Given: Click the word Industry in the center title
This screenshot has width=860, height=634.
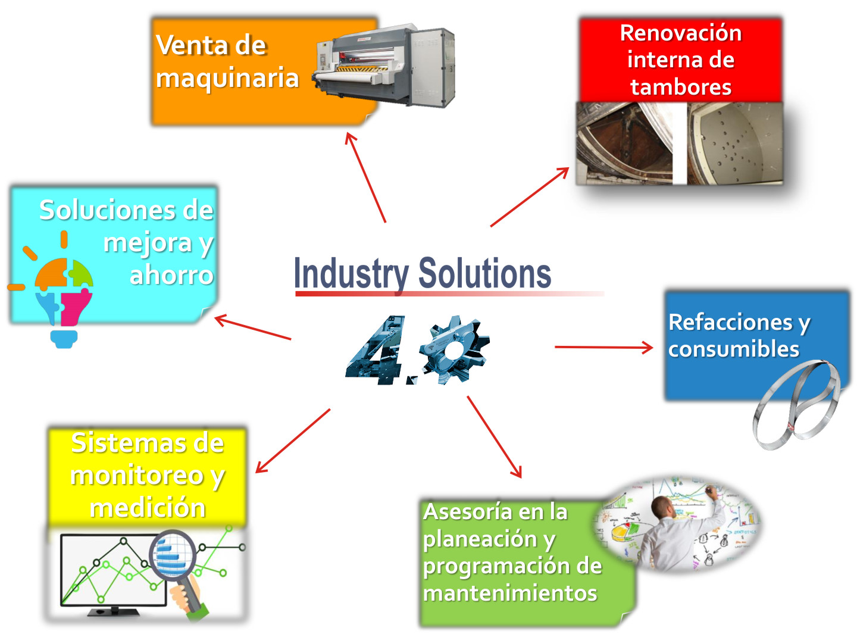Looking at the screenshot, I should tap(351, 274).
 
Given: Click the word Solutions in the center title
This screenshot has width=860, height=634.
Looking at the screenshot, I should tap(484, 274).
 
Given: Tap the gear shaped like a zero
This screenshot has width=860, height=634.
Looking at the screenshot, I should tap(454, 351).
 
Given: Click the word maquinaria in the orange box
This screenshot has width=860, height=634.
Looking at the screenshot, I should tap(227, 78).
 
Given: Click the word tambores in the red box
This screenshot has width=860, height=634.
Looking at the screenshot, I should tap(680, 87).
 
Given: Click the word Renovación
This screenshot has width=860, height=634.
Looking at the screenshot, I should tap(680, 33).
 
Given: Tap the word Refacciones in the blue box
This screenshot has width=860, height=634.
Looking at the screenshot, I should tap(731, 322).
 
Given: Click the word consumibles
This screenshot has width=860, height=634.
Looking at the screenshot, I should tap(733, 349).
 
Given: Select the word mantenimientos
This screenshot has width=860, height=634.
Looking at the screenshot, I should tap(510, 593).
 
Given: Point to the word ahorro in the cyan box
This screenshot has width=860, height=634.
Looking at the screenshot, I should tap(171, 275).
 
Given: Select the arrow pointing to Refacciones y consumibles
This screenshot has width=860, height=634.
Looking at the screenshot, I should tap(603, 347).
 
